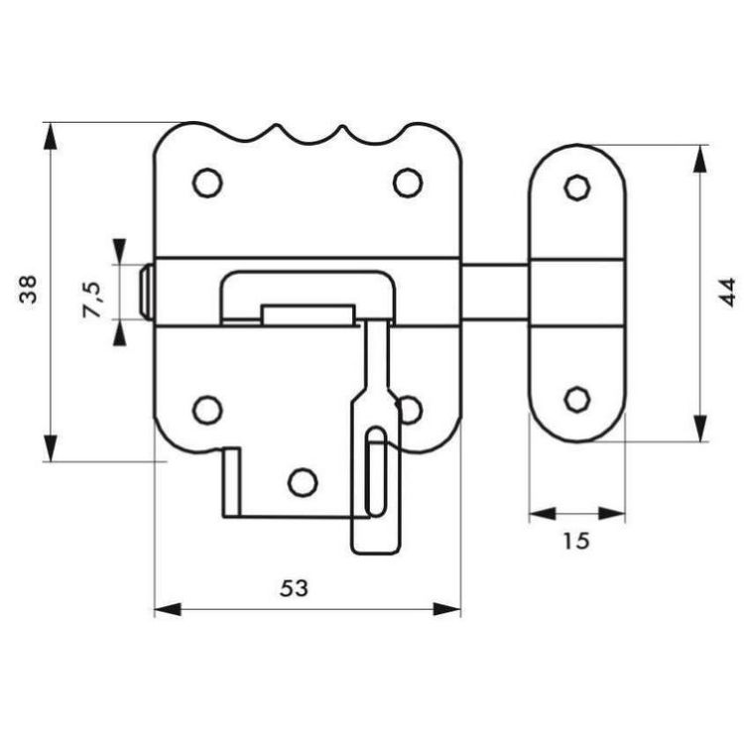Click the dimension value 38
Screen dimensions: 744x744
[x=28, y=290]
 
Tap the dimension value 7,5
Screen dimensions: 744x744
[x=92, y=300]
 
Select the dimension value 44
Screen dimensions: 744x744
[x=727, y=293]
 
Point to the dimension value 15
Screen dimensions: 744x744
[x=576, y=542]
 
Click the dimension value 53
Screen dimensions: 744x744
[x=295, y=588]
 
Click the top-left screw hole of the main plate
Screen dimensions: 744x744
[x=207, y=183]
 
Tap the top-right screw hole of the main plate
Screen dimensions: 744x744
[x=408, y=183]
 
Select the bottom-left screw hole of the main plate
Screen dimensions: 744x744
[x=207, y=410]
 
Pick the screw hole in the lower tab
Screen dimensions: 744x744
[x=303, y=482]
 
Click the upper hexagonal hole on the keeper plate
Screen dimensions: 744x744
[x=577, y=186]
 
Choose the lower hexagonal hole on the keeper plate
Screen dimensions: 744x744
[x=577, y=399]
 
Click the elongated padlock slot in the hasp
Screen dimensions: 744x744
[x=377, y=471]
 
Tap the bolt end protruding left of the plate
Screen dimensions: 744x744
[x=146, y=293]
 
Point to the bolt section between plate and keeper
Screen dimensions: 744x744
[x=495, y=293]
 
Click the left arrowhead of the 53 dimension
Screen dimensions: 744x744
[x=168, y=609]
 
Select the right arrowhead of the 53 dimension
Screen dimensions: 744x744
[x=447, y=609]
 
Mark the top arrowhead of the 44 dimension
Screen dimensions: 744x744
[x=700, y=159]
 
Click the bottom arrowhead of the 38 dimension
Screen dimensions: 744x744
[x=51, y=447]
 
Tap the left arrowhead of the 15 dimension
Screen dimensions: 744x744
[x=543, y=514]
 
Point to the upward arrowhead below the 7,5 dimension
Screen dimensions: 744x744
[x=120, y=332]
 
